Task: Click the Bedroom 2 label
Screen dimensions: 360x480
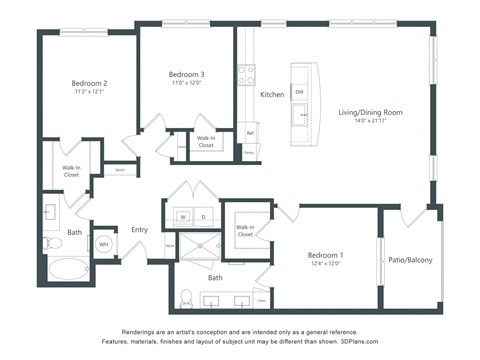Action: coord(89,83)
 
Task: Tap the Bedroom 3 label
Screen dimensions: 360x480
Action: coord(186,75)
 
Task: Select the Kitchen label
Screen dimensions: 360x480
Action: coord(272,94)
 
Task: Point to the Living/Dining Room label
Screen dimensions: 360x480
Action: coord(370,113)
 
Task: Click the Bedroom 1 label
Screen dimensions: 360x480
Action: coord(325,256)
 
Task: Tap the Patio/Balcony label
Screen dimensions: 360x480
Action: coord(410,260)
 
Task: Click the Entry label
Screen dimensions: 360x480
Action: coord(139,230)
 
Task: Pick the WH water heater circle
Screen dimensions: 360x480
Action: coord(103,243)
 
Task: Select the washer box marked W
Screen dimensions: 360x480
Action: coord(184,216)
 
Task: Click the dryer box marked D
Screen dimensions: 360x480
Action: coord(203,216)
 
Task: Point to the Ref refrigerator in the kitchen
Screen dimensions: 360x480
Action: coord(249,131)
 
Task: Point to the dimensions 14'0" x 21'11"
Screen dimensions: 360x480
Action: coord(370,123)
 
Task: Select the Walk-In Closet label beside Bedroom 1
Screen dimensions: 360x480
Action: coord(245,231)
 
